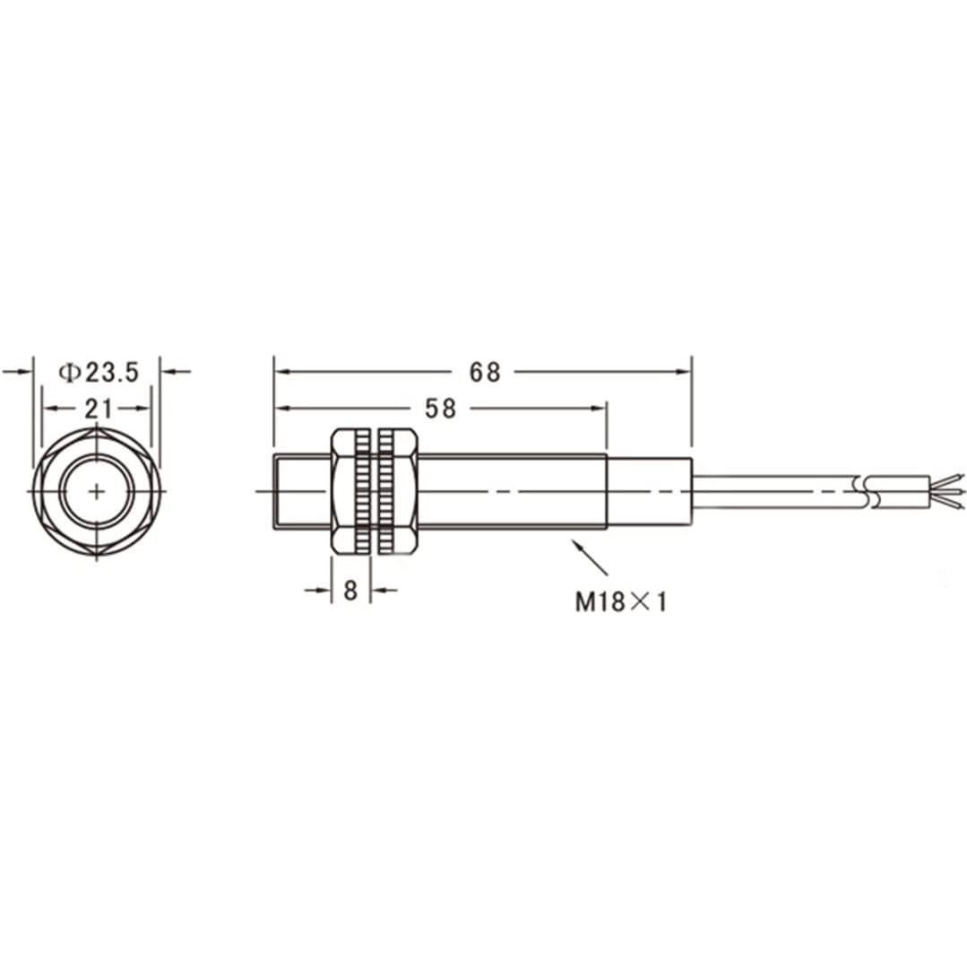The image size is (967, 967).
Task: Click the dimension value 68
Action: point(484,372)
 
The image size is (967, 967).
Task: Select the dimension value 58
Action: point(440,409)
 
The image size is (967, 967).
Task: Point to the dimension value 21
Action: point(98,409)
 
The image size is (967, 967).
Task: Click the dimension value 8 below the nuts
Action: point(351,591)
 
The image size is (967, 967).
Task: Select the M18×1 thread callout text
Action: point(621,602)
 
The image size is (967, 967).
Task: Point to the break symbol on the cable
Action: point(867,491)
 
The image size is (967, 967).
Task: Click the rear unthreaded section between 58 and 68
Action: point(649,491)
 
